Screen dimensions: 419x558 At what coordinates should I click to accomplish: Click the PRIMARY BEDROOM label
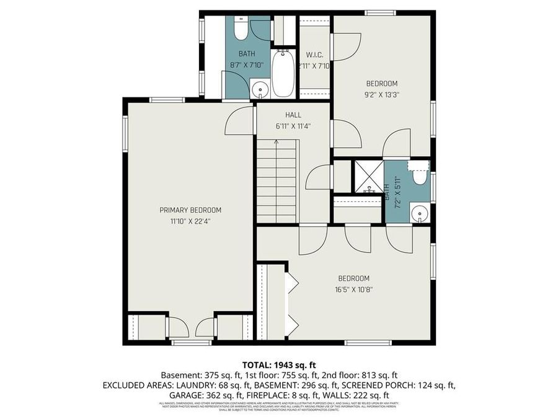190,210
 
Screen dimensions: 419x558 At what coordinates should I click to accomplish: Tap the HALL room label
293,115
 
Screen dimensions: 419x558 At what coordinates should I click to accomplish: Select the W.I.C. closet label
314,55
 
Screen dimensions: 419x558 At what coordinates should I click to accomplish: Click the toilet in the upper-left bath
241,29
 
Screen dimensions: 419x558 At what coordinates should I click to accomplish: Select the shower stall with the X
368,177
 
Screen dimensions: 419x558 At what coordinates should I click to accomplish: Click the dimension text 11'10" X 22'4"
190,220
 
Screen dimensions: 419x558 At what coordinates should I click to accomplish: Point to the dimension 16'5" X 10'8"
353,289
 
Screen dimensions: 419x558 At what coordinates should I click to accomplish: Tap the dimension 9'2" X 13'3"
381,94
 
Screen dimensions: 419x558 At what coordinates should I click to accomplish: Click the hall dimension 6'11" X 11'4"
293,125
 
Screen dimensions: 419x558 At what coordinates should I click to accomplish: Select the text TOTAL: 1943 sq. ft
278,364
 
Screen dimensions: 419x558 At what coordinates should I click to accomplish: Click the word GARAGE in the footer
187,395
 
